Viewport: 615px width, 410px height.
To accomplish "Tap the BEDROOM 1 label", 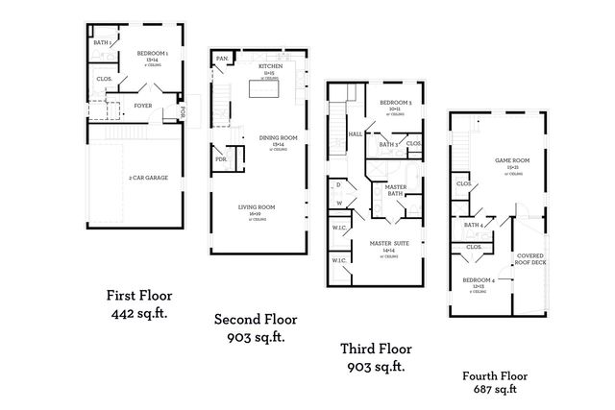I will tap(152, 53).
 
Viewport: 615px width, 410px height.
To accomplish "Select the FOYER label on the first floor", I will tap(143, 107).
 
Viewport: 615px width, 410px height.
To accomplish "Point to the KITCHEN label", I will tap(270, 67).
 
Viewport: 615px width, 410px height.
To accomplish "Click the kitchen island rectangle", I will tap(264, 88).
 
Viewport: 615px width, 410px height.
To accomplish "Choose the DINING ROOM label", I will tap(279, 137).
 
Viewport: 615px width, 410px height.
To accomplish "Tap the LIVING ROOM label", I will tap(258, 206).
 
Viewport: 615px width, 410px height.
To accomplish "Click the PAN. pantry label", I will tap(221, 59).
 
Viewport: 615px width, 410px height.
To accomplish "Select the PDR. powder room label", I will tap(220, 159).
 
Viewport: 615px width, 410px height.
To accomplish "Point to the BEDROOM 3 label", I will tap(395, 103).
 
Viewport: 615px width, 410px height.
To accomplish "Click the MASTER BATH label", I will tap(395, 190).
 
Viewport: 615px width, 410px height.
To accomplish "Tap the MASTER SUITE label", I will tap(390, 243).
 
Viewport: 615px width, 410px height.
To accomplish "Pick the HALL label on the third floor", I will tap(355, 133).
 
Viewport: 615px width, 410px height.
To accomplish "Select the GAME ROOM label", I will tap(508, 160).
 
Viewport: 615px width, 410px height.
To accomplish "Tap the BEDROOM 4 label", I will tap(480, 279).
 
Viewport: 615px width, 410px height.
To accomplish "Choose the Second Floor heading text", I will tap(255, 320).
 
